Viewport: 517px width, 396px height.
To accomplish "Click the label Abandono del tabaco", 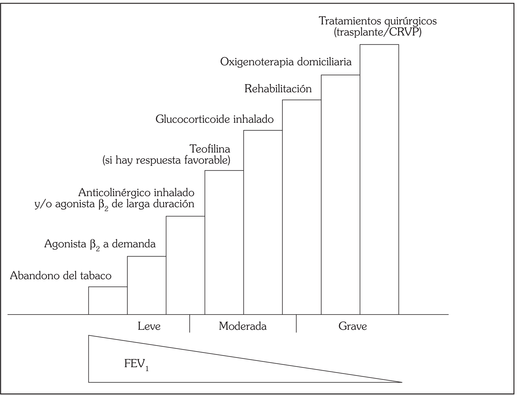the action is [x=61, y=276].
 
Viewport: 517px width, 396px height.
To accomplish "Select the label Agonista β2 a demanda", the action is [x=100, y=244].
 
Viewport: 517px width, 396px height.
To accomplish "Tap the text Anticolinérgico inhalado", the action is [x=136, y=192].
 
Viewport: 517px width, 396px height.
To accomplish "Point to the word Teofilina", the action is [x=210, y=149].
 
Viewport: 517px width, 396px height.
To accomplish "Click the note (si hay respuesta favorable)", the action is [x=166, y=160].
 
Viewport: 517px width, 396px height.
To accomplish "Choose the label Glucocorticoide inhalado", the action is [x=214, y=119].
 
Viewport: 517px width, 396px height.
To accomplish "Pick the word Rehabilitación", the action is [x=278, y=89].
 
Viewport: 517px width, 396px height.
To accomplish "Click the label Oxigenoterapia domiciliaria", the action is [x=286, y=62].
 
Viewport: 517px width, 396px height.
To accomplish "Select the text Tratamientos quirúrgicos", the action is [x=378, y=21].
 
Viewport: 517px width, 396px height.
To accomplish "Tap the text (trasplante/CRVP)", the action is [x=377, y=32].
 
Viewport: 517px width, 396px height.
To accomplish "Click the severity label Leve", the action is [x=149, y=326].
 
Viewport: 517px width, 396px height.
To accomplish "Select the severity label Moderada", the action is [x=243, y=326].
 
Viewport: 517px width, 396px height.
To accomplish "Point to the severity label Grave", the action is [x=353, y=326].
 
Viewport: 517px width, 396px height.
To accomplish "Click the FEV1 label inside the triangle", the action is [x=136, y=365].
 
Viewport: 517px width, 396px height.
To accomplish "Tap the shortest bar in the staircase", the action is [x=108, y=301].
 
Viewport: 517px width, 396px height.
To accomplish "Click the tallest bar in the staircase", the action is [x=379, y=179].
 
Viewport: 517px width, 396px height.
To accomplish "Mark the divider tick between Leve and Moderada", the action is [x=190, y=324].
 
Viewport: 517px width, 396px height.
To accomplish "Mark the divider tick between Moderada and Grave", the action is [x=296, y=324].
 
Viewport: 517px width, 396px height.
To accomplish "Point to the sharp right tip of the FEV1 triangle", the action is [x=401, y=382].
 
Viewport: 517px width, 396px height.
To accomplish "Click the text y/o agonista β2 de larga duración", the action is [x=115, y=204].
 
